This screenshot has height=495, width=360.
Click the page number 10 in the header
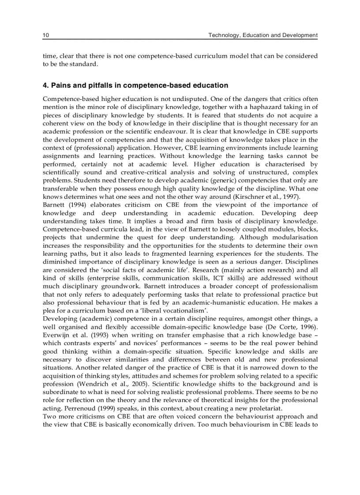(45, 35)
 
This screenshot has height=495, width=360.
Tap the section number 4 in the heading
(45, 86)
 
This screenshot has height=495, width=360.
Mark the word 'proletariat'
(263, 408)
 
